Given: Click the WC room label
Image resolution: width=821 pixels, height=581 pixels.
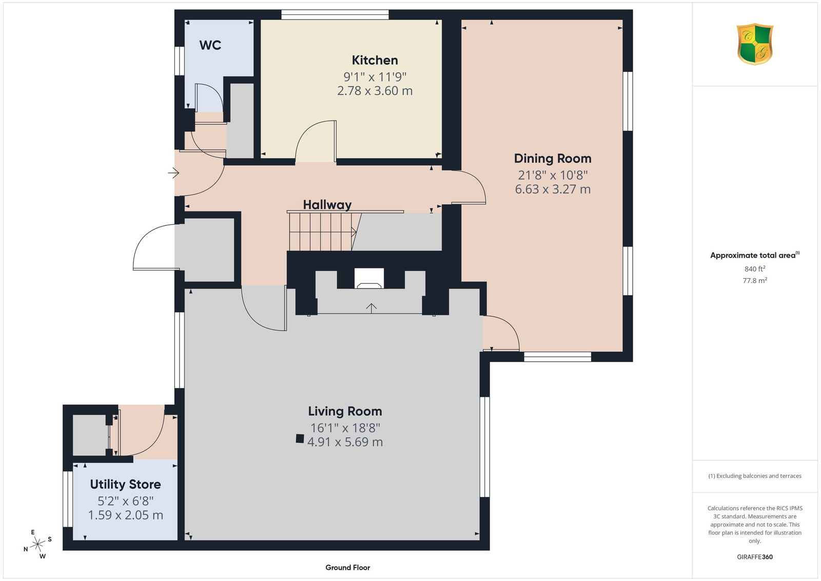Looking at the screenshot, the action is tap(210, 45).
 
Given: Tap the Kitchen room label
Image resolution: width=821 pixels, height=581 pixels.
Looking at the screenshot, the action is tap(375, 60).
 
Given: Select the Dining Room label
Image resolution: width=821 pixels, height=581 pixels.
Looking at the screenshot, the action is tap(552, 159).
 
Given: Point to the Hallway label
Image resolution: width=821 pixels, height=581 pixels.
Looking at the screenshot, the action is tap(327, 205).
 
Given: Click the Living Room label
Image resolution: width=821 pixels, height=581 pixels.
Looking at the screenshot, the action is tap(345, 411).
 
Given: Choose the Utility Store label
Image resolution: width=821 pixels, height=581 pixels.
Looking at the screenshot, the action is tap(125, 485).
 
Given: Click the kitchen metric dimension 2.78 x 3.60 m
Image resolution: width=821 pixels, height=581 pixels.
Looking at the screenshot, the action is tap(375, 90).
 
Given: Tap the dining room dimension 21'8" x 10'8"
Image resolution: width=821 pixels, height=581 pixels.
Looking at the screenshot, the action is tap(552, 175).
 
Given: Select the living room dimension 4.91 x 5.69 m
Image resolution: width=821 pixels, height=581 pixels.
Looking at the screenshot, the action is tap(345, 442).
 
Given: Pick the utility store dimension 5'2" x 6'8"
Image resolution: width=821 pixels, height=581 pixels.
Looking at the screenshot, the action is tap(125, 501).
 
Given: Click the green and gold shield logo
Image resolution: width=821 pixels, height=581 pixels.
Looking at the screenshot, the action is tap(755, 44).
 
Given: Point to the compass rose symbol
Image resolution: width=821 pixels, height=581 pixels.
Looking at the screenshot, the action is tap(37, 545).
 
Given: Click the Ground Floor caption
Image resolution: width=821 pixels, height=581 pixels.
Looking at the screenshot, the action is tap(347, 568).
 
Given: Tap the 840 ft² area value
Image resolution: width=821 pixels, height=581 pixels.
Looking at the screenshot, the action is tap(755, 269).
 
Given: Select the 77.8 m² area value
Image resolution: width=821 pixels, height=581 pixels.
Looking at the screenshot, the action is tap(755, 280).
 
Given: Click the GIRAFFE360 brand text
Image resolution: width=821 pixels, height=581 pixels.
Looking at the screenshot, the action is tap(755, 557).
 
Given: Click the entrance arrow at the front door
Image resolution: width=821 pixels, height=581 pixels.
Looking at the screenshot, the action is tap(173, 172).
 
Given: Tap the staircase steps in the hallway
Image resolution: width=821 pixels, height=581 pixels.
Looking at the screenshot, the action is tap(323, 232).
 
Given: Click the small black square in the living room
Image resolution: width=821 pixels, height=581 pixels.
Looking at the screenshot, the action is tap(300, 439).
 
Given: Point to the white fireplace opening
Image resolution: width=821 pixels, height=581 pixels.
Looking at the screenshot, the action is tap(369, 279).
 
